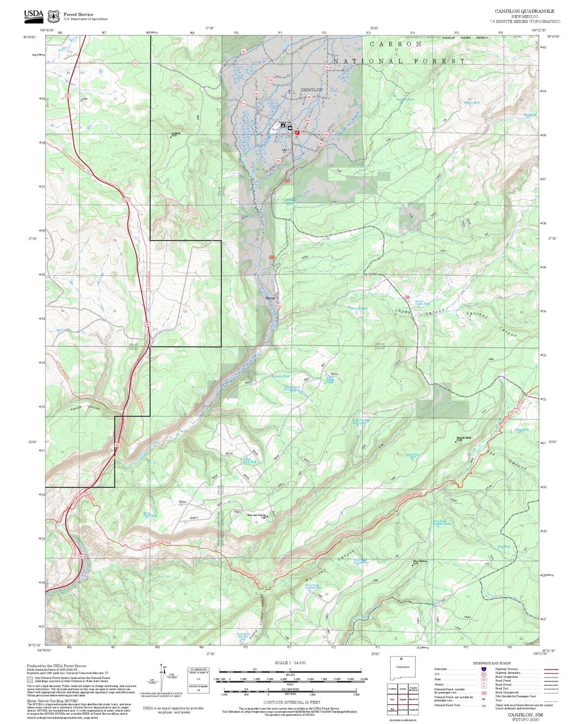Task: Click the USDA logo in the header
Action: click(33, 15)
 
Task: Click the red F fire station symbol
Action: click(297, 133)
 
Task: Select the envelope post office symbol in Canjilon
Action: click(290, 128)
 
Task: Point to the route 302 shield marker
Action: click(244, 51)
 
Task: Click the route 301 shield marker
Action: click(327, 67)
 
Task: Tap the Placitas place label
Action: click(270, 298)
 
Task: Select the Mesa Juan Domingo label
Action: click(257, 516)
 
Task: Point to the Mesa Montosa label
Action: click(420, 561)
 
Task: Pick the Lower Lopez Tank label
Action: click(422, 303)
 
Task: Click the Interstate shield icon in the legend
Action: click(484, 669)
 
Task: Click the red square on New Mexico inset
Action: click(401, 659)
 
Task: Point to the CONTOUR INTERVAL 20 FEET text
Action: click(292, 703)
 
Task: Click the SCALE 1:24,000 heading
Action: click(290, 663)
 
